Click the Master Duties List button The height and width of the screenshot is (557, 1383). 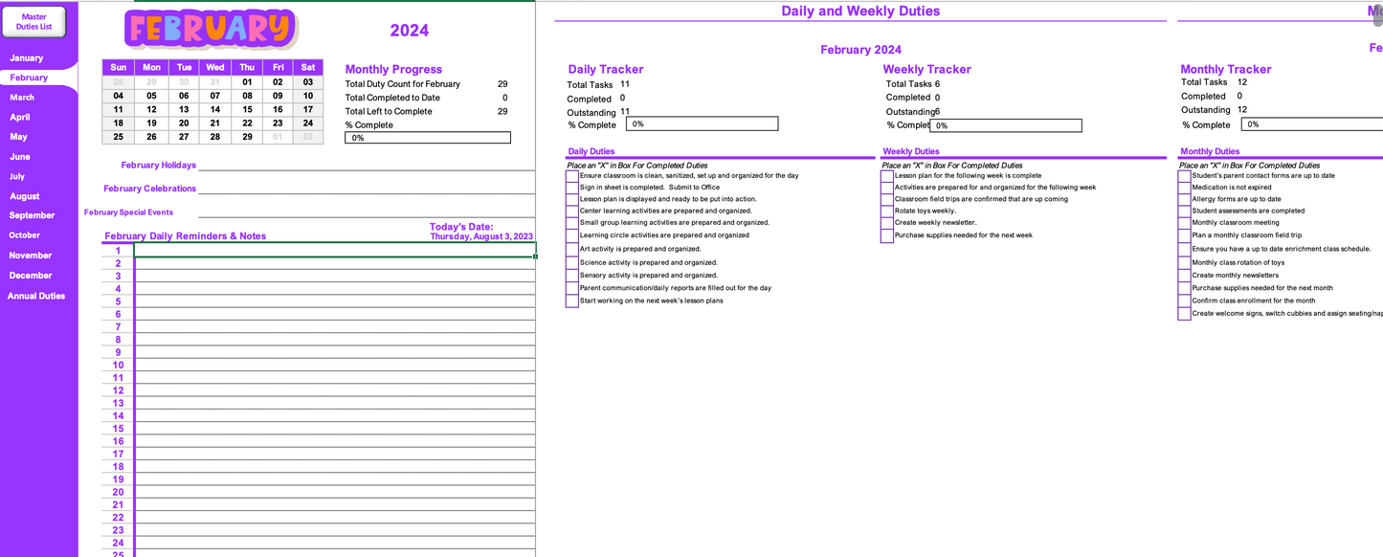[34, 21]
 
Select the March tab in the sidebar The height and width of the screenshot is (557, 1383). [22, 98]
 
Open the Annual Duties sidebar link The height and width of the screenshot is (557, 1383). [36, 296]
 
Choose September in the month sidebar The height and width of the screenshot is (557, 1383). [32, 215]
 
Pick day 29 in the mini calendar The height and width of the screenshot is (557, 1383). [247, 137]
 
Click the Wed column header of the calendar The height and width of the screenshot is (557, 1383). [215, 67]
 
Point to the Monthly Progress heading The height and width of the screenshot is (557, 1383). [393, 69]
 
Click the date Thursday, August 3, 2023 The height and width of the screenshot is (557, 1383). [481, 236]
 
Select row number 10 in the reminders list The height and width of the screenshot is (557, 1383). [119, 365]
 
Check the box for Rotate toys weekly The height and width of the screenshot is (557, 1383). [887, 212]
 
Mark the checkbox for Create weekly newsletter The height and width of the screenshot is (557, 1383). [887, 223]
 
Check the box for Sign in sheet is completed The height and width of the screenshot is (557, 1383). [572, 188]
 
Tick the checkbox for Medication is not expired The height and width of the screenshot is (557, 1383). [1184, 188]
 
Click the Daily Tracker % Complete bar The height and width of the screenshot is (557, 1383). [702, 124]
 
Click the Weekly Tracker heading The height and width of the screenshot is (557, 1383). [926, 69]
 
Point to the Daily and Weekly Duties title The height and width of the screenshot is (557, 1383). [860, 11]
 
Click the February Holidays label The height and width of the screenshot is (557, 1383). [159, 166]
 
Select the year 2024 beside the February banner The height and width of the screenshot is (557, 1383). [409, 31]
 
